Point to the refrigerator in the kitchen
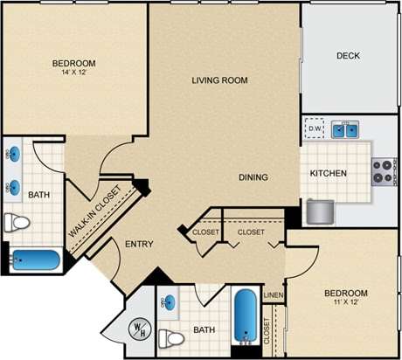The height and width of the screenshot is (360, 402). [x=319, y=211]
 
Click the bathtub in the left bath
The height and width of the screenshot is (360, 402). [x=35, y=260]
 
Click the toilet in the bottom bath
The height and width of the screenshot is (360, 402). [x=171, y=337]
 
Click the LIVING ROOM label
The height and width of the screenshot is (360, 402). [x=219, y=80]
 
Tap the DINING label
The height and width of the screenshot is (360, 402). [x=253, y=177]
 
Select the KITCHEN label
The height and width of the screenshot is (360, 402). [x=329, y=173]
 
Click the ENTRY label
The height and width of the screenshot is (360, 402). [x=140, y=244]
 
